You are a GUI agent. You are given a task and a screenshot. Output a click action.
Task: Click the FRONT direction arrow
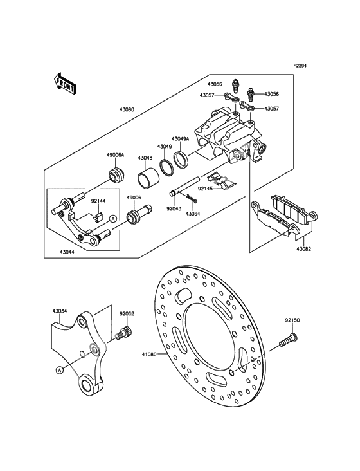(64, 83)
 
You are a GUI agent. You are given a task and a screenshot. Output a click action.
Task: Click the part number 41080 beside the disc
(150, 354)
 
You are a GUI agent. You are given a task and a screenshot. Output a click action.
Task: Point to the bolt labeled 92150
(287, 340)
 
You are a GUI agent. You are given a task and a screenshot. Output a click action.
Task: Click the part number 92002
(127, 313)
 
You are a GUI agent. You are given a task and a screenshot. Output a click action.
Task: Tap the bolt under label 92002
(123, 331)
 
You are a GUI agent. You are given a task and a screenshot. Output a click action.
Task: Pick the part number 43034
(60, 311)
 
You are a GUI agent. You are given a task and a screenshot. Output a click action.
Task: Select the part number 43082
(303, 249)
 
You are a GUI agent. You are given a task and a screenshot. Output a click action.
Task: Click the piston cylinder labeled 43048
(145, 180)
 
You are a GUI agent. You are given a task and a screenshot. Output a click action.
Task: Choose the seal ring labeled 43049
(165, 166)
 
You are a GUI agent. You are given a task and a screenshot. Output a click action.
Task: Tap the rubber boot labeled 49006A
(116, 175)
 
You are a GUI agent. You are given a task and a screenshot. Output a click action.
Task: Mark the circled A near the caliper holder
(113, 219)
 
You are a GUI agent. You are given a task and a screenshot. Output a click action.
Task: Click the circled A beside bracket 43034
(59, 371)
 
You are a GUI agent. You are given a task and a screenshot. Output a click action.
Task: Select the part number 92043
(175, 208)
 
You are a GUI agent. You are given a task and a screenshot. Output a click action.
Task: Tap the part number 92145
(205, 189)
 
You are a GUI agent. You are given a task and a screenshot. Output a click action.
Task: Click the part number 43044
(67, 252)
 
